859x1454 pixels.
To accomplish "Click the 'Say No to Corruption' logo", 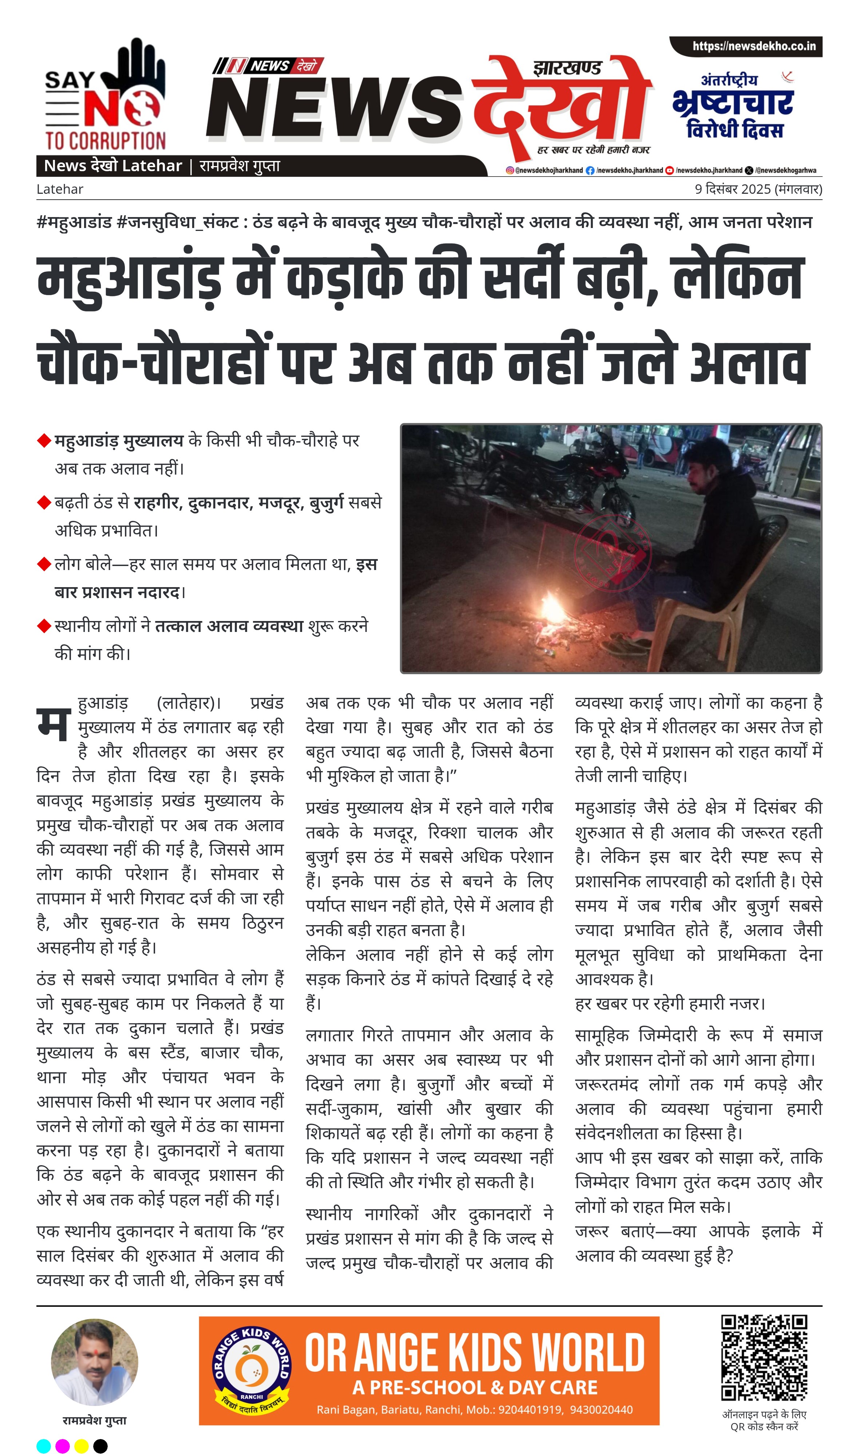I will [x=105, y=95].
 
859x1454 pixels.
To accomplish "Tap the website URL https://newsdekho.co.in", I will [x=754, y=46].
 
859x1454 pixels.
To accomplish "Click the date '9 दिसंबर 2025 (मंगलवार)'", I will [x=758, y=189].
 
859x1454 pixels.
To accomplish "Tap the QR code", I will [x=764, y=1358].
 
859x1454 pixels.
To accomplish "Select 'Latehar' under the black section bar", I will [x=60, y=189].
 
